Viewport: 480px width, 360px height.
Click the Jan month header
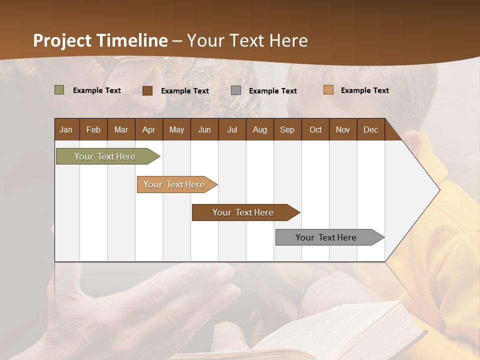coord(66,129)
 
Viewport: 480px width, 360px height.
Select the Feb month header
coord(93,129)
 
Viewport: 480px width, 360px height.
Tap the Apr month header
coord(148,129)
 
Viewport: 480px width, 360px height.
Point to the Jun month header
coord(204,129)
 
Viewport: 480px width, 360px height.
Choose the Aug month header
coord(259,129)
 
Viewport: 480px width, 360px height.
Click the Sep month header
coord(287,129)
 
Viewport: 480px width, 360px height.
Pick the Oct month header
coord(315,129)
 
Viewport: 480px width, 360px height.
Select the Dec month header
coord(370,129)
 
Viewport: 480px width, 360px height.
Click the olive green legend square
coord(59,90)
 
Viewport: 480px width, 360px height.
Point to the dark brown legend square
coord(147,90)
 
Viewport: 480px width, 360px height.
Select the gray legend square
coord(236,90)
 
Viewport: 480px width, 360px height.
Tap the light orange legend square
coord(328,90)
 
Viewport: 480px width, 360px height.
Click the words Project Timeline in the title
coord(100,40)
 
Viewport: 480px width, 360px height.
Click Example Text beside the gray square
coord(272,91)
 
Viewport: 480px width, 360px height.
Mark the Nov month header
coord(342,129)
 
